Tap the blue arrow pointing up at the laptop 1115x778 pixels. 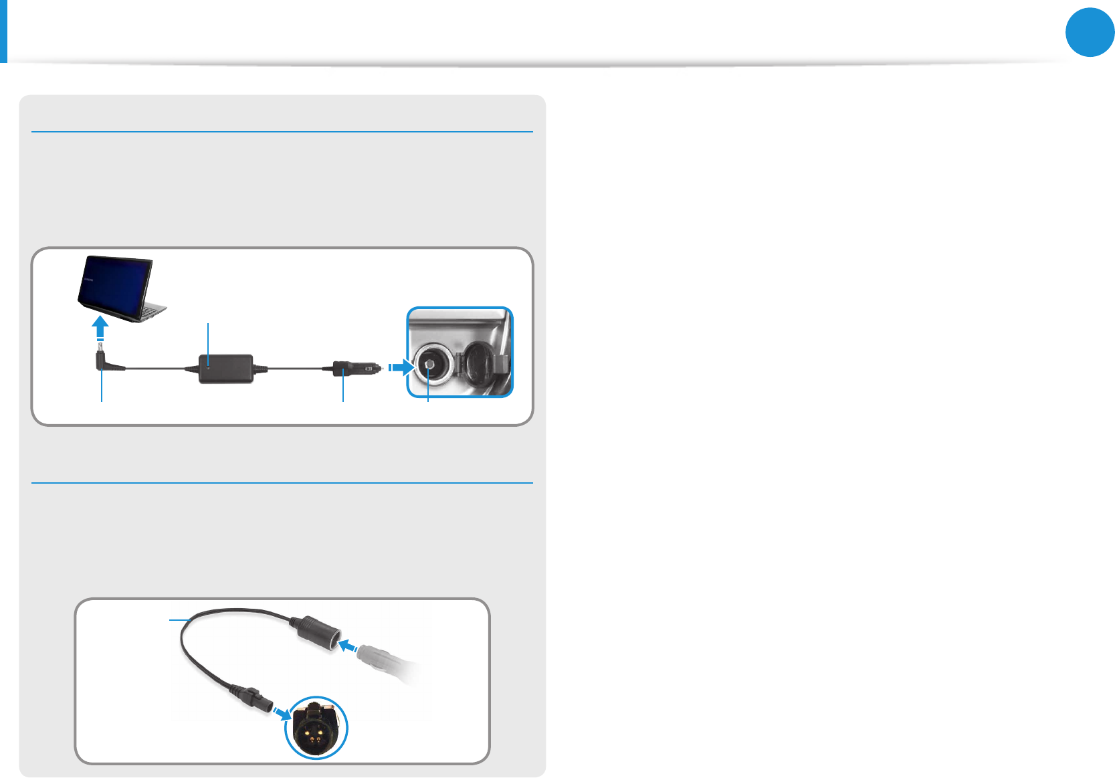tap(100, 328)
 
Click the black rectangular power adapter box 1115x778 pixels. tap(226, 369)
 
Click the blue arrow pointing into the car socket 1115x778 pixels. tap(401, 367)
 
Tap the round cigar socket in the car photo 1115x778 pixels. tap(430, 365)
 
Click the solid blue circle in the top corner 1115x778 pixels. tap(1090, 31)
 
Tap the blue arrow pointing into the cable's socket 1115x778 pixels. tap(348, 646)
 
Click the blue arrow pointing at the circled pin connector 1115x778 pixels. tap(282, 714)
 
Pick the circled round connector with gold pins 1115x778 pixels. tap(316, 728)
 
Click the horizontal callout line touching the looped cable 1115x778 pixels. tap(177, 620)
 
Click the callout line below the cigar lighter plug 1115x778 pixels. tap(343, 389)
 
